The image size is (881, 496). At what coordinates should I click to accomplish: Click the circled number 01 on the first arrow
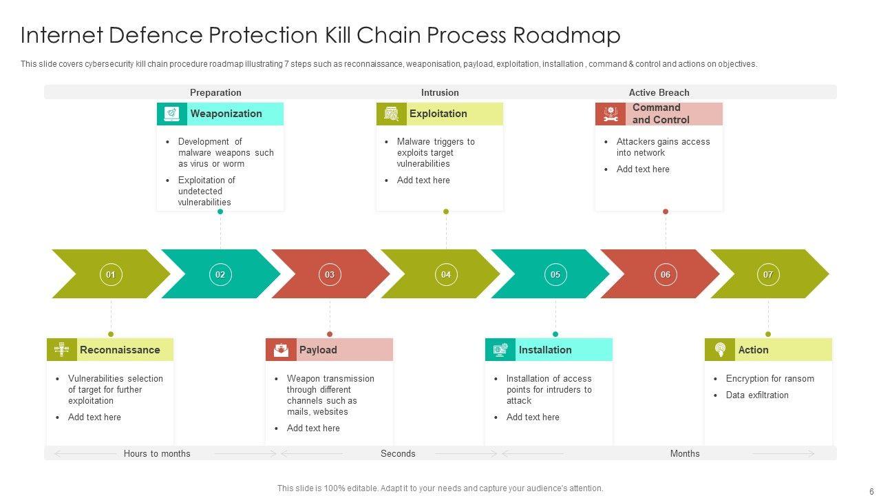[x=111, y=274]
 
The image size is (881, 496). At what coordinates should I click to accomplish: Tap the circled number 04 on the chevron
[x=446, y=274]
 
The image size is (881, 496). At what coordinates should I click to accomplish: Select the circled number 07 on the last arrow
[x=768, y=274]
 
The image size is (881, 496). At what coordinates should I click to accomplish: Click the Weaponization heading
[x=226, y=114]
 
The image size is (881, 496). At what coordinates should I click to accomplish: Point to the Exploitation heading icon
[x=392, y=114]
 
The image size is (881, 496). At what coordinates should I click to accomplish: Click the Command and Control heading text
[x=660, y=114]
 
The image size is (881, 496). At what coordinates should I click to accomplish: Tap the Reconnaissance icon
[x=62, y=350]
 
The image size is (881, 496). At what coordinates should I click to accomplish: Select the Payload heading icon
[x=281, y=350]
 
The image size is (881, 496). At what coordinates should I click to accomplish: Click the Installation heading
[x=545, y=350]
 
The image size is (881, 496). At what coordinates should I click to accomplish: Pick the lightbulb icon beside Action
[x=720, y=350]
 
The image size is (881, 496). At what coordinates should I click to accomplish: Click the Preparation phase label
[x=215, y=92]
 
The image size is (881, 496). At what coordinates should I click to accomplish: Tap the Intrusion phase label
[x=440, y=92]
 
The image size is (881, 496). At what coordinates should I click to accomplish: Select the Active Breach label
[x=659, y=92]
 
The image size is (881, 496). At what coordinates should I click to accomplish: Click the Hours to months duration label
[x=157, y=453]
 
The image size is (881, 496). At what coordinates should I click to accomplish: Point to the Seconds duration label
[x=398, y=453]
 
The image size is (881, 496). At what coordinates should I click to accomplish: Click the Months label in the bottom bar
[x=685, y=453]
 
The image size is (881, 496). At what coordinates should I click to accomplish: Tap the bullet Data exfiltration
[x=757, y=395]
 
